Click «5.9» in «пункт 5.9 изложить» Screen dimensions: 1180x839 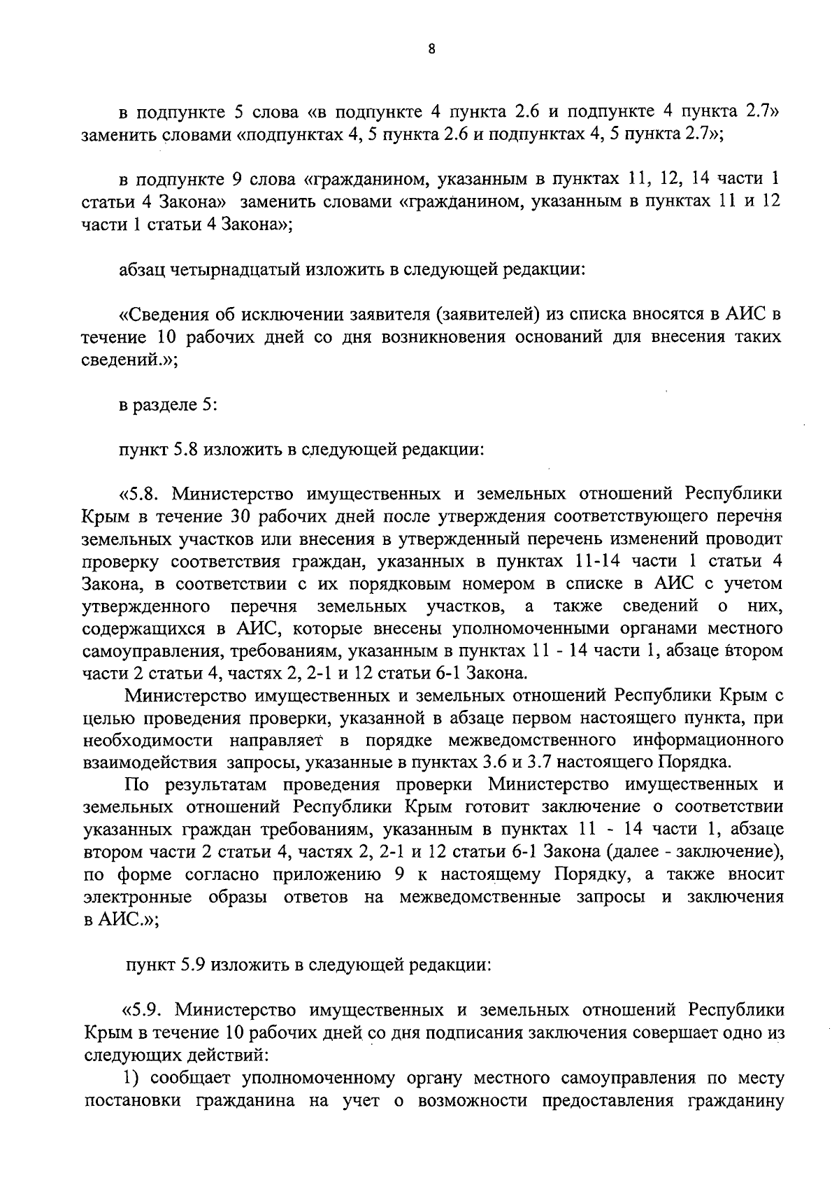194,965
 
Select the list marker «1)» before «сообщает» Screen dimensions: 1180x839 134,1078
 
